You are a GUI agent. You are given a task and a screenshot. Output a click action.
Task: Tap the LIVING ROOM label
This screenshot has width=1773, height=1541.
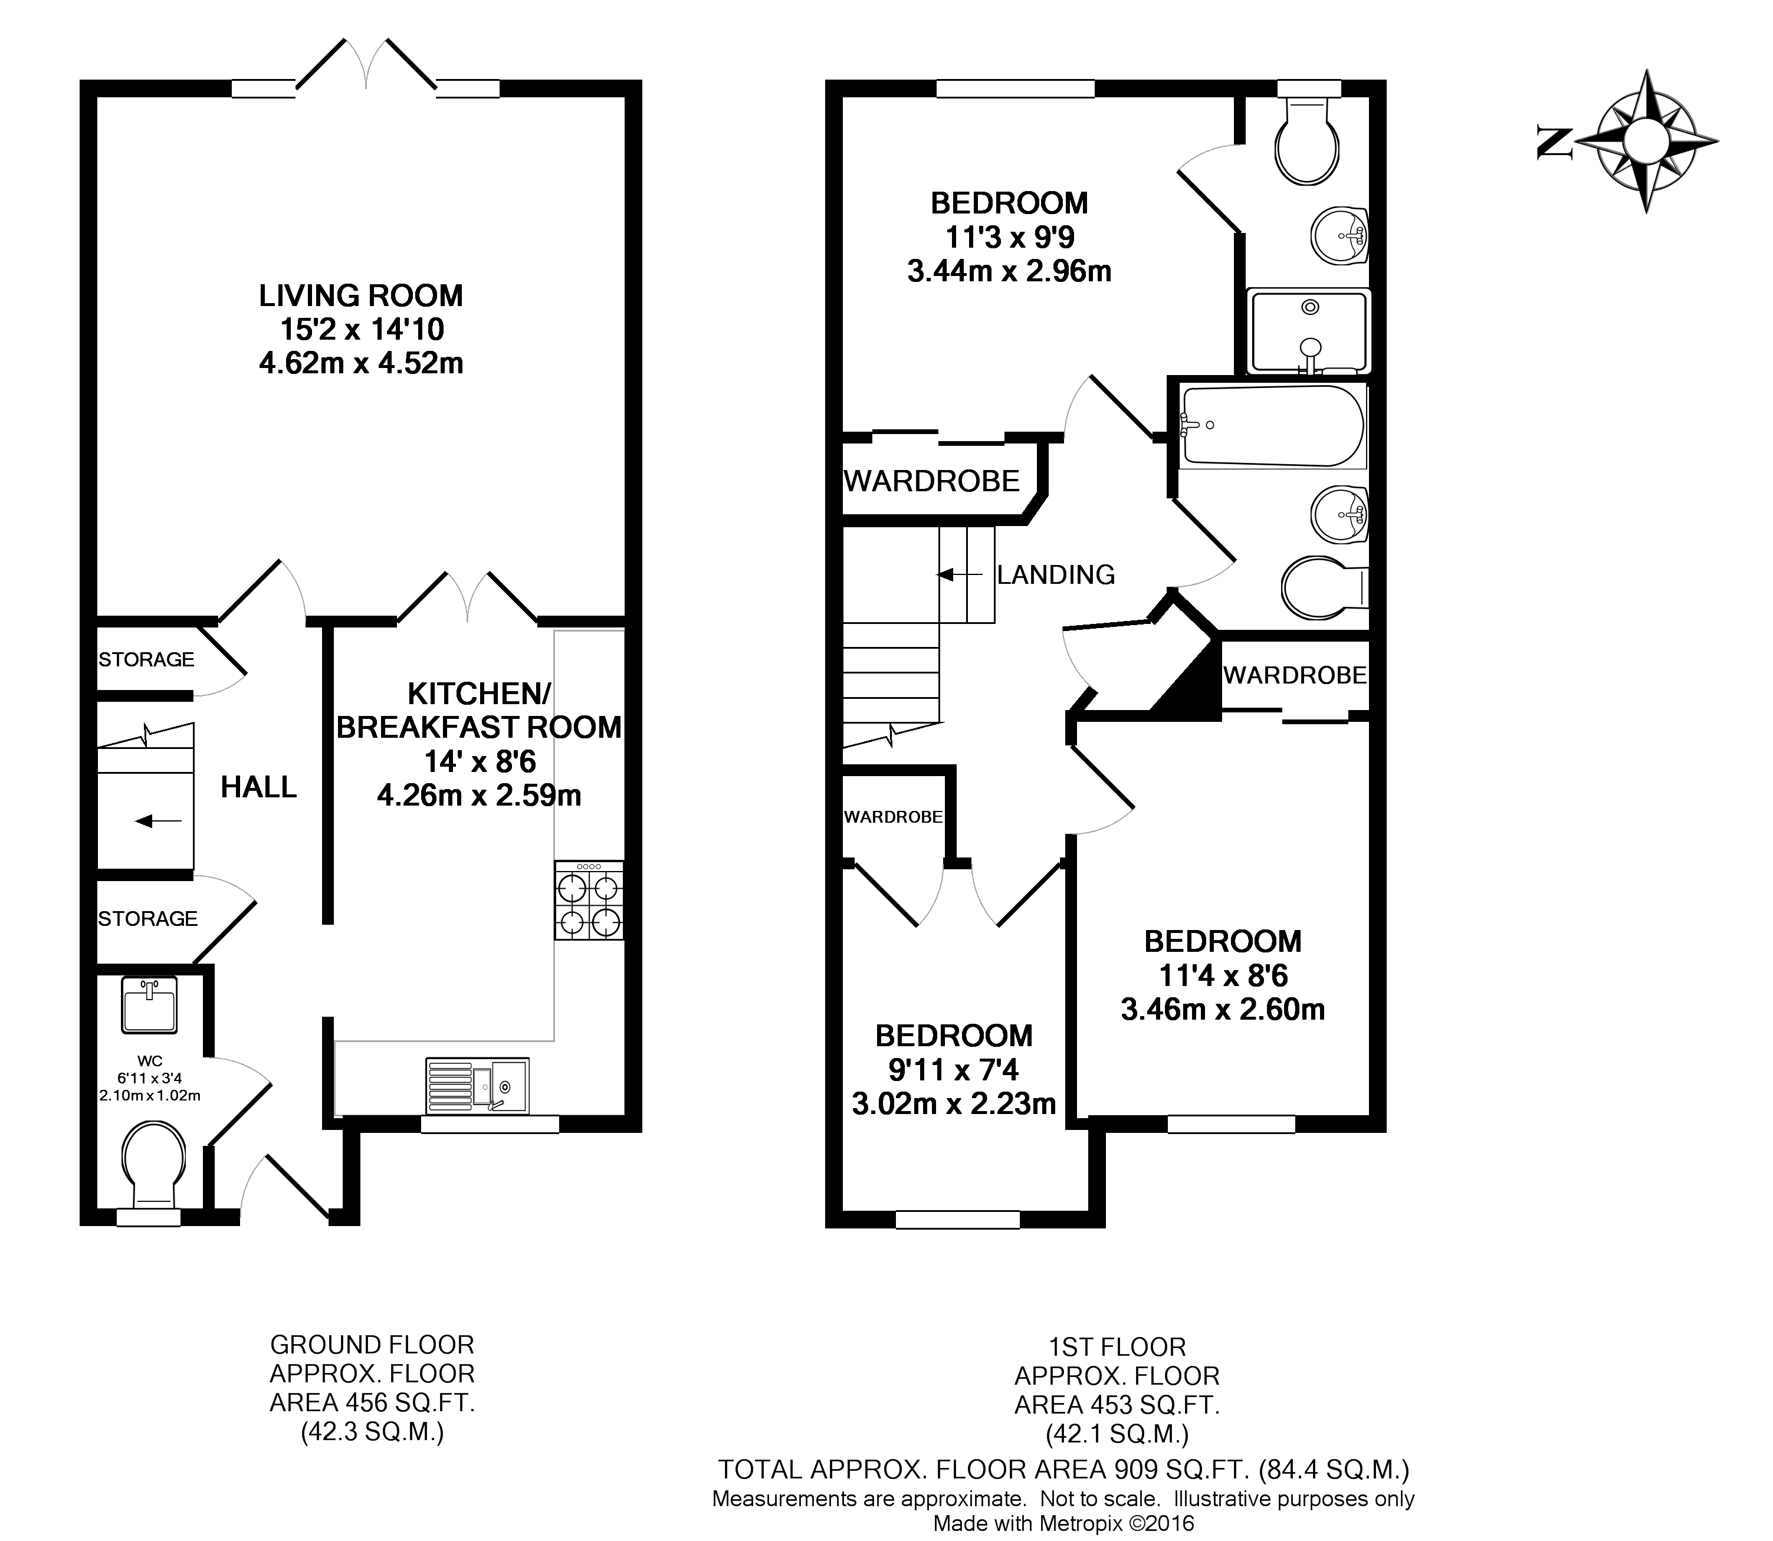tap(360, 296)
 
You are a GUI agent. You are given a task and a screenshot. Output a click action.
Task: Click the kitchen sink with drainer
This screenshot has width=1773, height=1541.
tap(477, 1085)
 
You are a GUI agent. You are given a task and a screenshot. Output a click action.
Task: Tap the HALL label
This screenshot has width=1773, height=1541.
tap(258, 787)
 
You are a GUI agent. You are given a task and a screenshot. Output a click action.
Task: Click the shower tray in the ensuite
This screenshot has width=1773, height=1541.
tap(1308, 331)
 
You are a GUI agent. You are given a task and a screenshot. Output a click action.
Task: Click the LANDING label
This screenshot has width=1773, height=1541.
tap(1055, 574)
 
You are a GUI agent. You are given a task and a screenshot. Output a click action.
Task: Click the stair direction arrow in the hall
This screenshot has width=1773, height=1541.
tap(159, 822)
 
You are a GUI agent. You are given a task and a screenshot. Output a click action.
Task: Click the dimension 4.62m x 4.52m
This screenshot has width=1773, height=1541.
tap(360, 363)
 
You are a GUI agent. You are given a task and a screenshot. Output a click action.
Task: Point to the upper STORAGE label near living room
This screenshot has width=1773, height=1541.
tap(146, 659)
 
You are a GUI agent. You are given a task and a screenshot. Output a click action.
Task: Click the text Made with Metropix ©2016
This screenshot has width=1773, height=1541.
tap(1063, 1523)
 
